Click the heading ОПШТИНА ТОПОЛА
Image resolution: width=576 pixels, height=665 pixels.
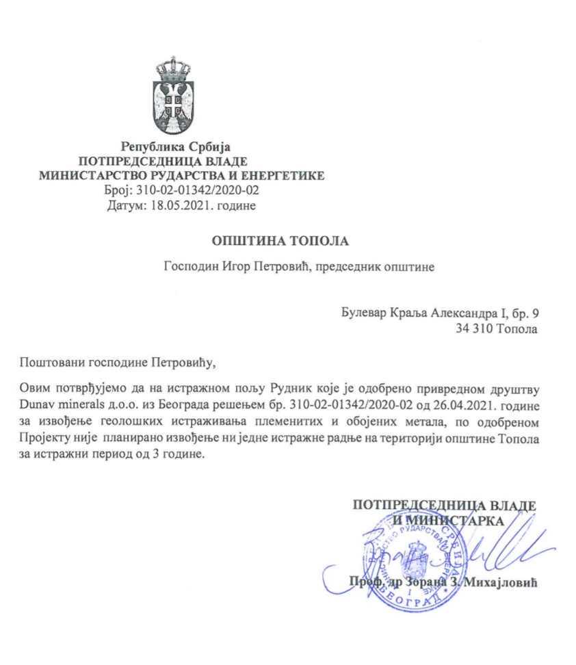pos(280,241)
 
